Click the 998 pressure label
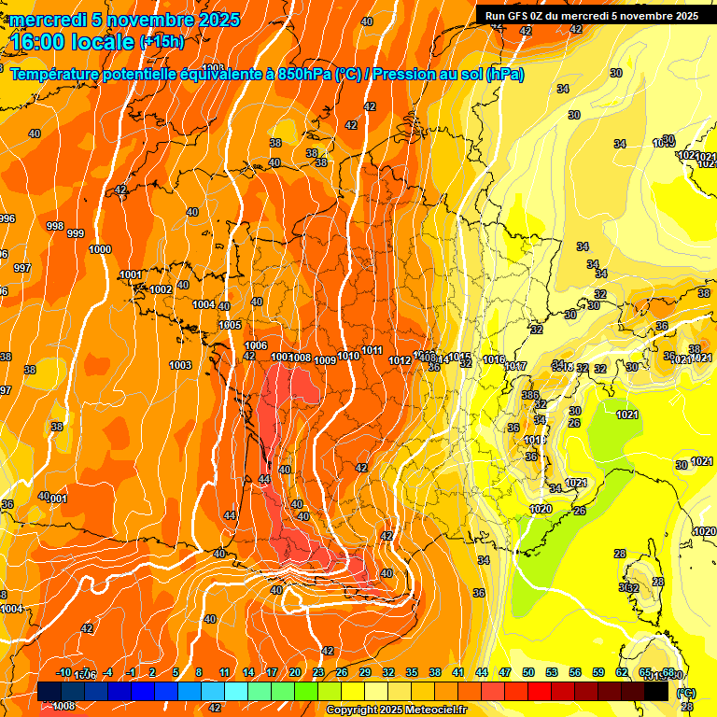click(54, 227)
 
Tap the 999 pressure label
click(76, 233)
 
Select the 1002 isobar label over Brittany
click(161, 289)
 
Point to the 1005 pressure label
click(230, 325)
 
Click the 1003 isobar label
click(180, 365)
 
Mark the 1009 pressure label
click(325, 360)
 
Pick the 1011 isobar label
click(372, 350)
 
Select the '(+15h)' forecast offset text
click(162, 42)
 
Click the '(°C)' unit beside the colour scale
click(685, 693)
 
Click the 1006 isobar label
click(256, 346)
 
